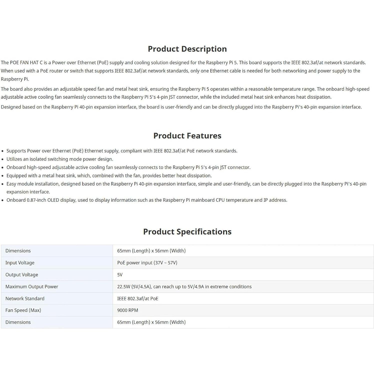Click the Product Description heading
click(187, 49)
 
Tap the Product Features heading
click(187, 136)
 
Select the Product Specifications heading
click(187, 232)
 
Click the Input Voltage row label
click(20, 263)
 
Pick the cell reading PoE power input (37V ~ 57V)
click(147, 263)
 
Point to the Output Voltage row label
click(22, 275)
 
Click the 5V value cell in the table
click(120, 275)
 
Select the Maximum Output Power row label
click(32, 287)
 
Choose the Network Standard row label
click(25, 299)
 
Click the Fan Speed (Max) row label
click(23, 310)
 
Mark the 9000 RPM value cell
click(128, 310)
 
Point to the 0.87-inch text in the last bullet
click(36, 200)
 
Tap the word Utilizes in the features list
click(14, 159)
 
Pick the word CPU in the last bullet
click(220, 200)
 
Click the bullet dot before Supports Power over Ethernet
click(2, 151)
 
